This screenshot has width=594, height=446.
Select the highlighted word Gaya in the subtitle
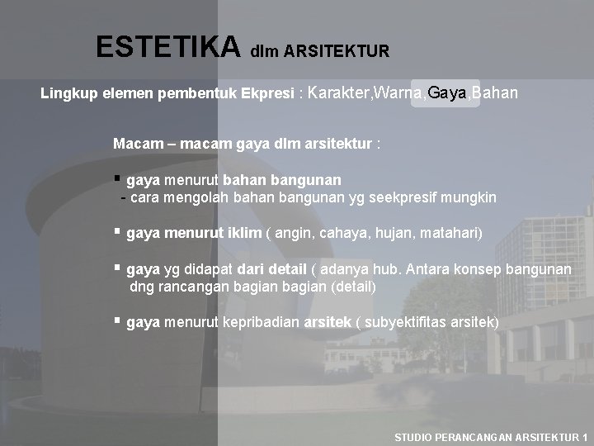446,93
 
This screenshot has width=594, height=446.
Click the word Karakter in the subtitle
337,93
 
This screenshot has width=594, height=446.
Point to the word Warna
399,93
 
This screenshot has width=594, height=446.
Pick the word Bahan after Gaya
496,93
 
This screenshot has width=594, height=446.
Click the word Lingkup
68,93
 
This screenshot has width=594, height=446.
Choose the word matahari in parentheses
449,235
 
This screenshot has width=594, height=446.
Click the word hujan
384,235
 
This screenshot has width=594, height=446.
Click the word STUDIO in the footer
419,436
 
